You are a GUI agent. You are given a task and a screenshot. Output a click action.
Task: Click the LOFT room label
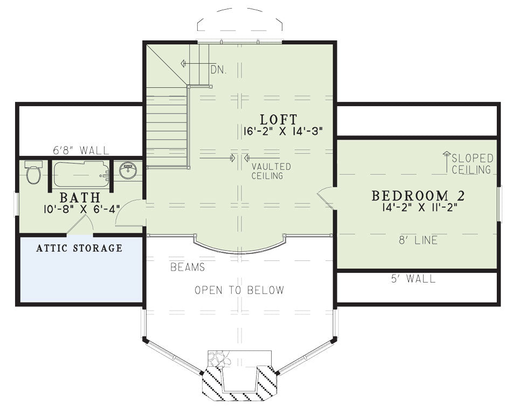click(x=279, y=120)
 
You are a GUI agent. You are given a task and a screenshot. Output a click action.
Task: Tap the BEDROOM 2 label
click(x=418, y=196)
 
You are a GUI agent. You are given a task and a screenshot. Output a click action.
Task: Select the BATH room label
click(x=80, y=198)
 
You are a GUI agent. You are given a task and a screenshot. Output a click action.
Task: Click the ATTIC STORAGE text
click(x=79, y=248)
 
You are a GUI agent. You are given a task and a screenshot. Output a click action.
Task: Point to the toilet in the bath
click(x=33, y=172)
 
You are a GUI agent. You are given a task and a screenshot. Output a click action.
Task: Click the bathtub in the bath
click(x=81, y=174)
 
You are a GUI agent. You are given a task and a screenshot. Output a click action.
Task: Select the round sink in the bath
click(x=128, y=170)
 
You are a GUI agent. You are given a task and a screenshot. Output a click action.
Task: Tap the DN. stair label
click(x=218, y=70)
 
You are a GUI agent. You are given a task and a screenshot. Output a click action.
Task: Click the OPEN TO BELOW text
click(x=239, y=290)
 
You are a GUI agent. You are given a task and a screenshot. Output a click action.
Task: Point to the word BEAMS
click(x=188, y=267)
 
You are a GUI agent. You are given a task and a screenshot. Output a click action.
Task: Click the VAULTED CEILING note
click(x=271, y=171)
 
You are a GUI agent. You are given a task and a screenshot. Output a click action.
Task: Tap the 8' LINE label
click(x=418, y=240)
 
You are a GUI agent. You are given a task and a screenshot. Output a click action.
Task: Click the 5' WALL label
click(x=413, y=279)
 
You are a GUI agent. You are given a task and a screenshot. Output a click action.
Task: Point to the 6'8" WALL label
click(x=81, y=150)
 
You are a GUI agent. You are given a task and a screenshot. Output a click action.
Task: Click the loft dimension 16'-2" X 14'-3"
click(x=283, y=132)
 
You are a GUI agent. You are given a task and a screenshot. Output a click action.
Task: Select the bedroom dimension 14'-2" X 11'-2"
click(x=419, y=207)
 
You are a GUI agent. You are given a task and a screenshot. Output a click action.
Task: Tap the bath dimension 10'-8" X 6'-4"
click(x=81, y=209)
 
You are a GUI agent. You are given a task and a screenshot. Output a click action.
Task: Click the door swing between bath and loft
click(x=124, y=208)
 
